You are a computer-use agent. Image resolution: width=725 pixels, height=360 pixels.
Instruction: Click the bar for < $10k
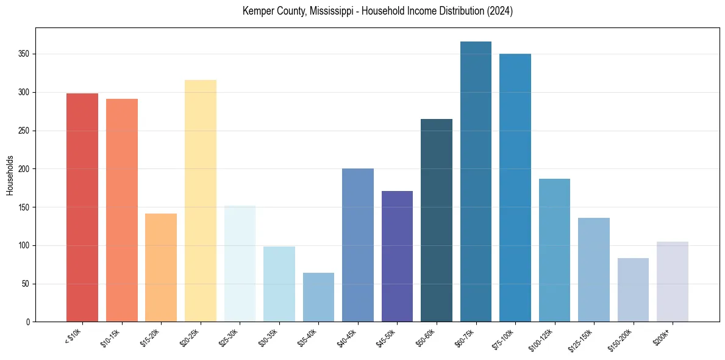pos(82,207)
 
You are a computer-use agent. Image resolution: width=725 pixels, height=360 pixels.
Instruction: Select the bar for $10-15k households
pos(122,211)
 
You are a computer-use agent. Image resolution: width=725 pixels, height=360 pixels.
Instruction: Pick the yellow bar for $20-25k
pos(201,201)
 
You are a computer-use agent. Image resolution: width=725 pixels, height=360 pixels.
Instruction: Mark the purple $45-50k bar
pos(397,256)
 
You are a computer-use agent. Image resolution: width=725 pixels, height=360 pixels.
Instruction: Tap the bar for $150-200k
pos(633,290)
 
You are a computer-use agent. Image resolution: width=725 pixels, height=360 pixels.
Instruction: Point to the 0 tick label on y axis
pos(28,322)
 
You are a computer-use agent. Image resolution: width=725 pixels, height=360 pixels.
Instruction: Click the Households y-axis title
pos(10,175)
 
